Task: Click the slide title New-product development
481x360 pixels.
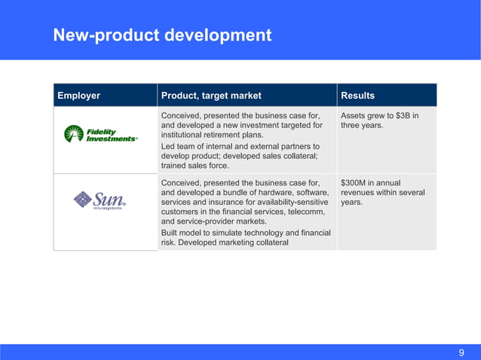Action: (x=162, y=35)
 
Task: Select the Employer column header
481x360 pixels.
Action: (x=79, y=96)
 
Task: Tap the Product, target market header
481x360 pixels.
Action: (x=211, y=96)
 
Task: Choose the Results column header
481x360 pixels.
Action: (x=358, y=96)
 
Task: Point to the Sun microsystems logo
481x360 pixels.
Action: (x=100, y=200)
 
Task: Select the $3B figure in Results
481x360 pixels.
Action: (x=407, y=115)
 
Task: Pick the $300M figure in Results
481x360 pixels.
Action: (x=355, y=182)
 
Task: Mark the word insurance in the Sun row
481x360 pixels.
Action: (x=221, y=203)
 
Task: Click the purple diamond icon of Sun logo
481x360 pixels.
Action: (x=82, y=200)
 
